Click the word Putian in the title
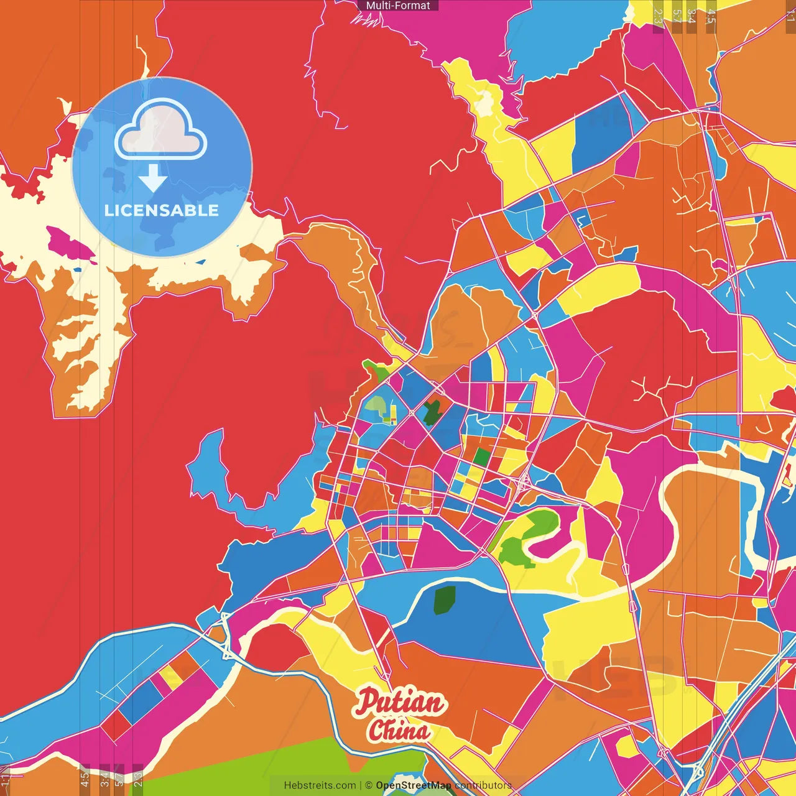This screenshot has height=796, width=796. [400, 703]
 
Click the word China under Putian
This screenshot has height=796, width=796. [398, 730]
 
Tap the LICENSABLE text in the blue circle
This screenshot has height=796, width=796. [162, 210]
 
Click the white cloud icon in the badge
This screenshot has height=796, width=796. [160, 131]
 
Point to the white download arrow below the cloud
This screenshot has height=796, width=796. [152, 178]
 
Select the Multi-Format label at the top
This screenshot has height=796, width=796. [398, 6]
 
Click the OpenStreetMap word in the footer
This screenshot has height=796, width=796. [413, 785]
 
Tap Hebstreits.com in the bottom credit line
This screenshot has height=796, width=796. [320, 785]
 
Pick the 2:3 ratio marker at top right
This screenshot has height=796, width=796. [658, 16]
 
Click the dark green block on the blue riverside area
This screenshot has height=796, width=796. [444, 599]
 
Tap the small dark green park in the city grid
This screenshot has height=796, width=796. [432, 412]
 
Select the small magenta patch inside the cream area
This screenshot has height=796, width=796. [68, 244]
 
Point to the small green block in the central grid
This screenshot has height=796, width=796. [481, 457]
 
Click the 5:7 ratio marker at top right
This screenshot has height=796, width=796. [677, 16]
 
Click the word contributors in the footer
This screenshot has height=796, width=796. [483, 785]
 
